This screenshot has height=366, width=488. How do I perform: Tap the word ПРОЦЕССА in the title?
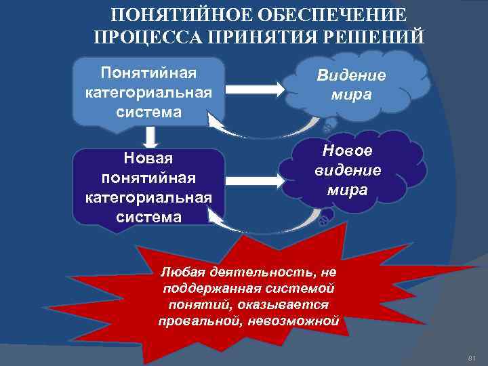[143, 36]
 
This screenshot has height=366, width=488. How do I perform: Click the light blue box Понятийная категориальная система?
[148, 91]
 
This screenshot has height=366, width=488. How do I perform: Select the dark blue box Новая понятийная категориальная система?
[148, 186]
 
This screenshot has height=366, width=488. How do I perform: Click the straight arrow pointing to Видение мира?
[255, 89]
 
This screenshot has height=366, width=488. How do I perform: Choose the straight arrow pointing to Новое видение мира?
[255, 180]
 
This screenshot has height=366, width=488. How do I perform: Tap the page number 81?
[472, 357]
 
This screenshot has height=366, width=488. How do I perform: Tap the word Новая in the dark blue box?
[148, 158]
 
